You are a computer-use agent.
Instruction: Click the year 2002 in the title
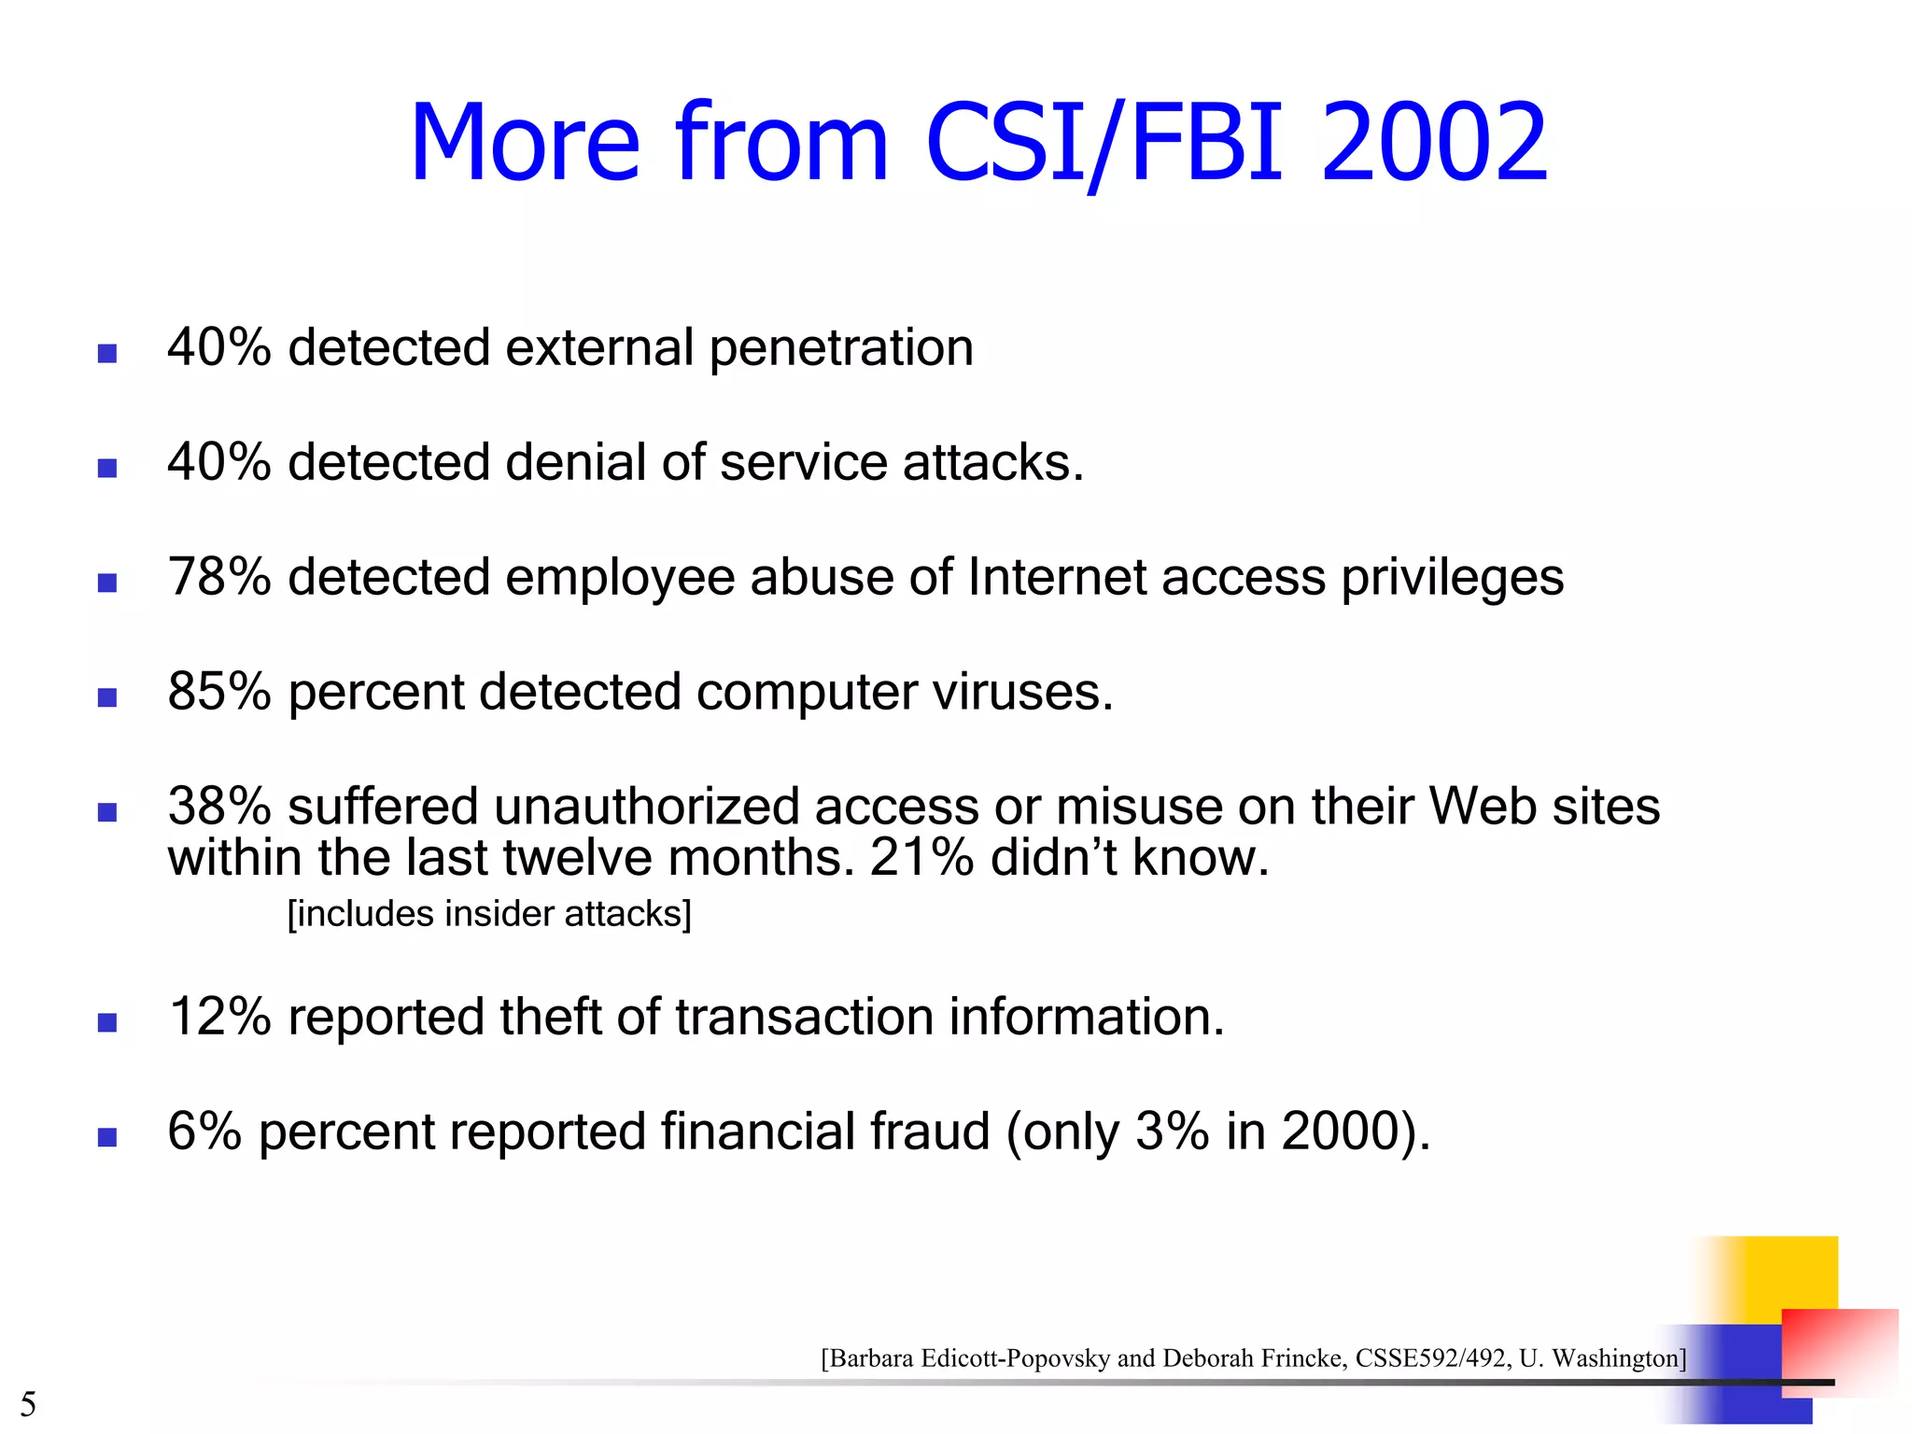pyautogui.click(x=1434, y=143)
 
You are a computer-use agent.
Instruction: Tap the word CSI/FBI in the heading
pyautogui.click(x=1104, y=143)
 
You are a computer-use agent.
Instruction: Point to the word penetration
pyautogui.click(x=841, y=348)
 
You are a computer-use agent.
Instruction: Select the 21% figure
pyautogui.click(x=921, y=858)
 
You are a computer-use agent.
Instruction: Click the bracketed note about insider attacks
pyautogui.click(x=489, y=914)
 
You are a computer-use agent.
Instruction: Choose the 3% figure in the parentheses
pyautogui.click(x=1172, y=1132)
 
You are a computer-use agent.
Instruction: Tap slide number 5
pyautogui.click(x=28, y=1404)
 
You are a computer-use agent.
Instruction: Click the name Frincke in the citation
pyautogui.click(x=1303, y=1358)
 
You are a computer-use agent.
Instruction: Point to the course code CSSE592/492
pyautogui.click(x=1430, y=1358)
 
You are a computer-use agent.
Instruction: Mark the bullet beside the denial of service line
pyautogui.click(x=107, y=468)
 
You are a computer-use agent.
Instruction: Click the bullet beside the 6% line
pyautogui.click(x=107, y=1137)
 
